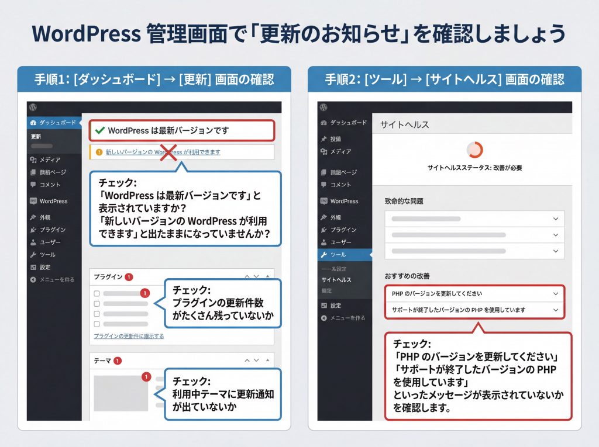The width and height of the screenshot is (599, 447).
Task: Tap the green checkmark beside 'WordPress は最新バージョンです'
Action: point(99,130)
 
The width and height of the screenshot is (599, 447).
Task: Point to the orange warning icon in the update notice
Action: point(98,152)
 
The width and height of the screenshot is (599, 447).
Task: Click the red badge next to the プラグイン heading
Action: point(129,277)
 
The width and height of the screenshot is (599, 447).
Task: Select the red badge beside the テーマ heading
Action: point(118,361)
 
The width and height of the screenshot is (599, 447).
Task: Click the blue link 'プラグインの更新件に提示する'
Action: point(129,336)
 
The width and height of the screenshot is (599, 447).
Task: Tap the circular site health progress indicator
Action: point(475,150)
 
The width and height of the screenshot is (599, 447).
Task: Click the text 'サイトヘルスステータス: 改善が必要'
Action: point(474,168)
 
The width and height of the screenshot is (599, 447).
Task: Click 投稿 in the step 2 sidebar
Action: point(335,139)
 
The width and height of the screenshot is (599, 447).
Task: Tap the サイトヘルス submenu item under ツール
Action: point(336,280)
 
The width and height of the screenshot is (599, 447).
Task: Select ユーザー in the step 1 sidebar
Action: point(50,242)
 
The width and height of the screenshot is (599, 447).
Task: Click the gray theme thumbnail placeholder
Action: point(121,393)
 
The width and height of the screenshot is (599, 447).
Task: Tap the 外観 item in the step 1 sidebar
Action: point(46,217)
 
